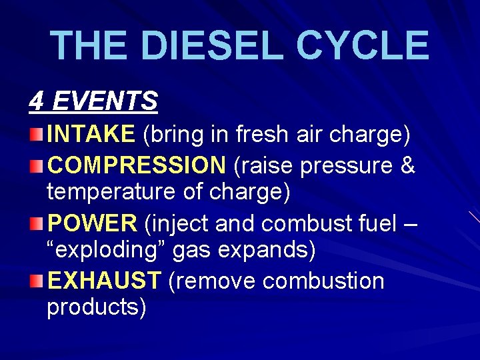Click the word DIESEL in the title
point(211,45)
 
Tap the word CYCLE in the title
point(362,45)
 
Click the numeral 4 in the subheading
point(36,101)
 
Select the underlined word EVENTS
point(105,101)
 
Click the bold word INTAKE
point(91,135)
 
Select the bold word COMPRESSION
point(137,165)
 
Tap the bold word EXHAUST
point(104,281)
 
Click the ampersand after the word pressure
point(407,165)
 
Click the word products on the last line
point(96,309)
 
